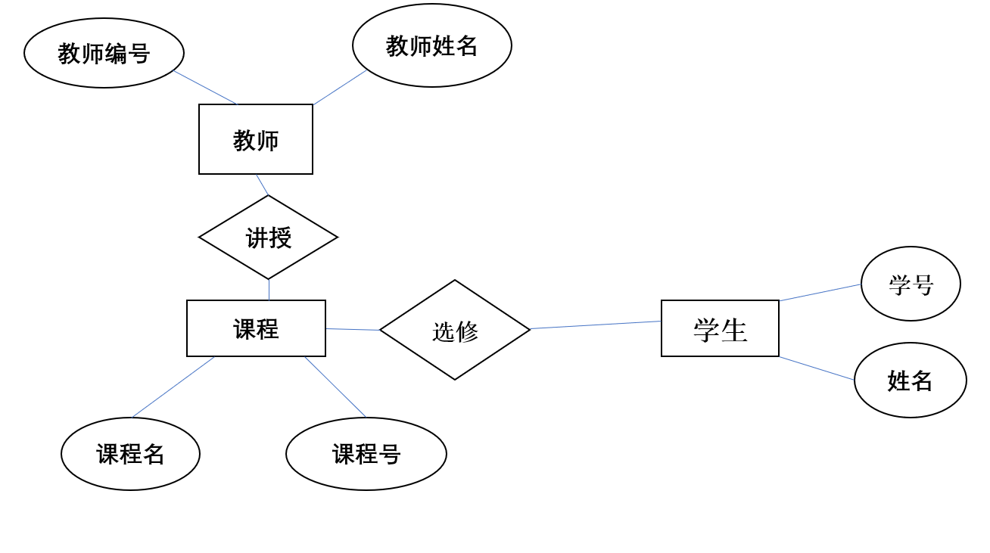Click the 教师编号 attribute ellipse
click(x=104, y=53)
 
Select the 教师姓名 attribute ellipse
click(x=431, y=45)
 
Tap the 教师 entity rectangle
click(x=256, y=139)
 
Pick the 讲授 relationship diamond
click(x=268, y=238)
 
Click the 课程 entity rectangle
click(x=256, y=328)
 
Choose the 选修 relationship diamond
click(x=455, y=330)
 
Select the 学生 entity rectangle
click(x=720, y=328)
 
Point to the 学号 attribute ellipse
click(x=911, y=284)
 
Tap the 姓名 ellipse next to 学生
click(x=910, y=380)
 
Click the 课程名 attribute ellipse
click(x=130, y=454)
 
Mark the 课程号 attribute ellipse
click(x=366, y=454)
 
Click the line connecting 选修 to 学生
click(x=596, y=325)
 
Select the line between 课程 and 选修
click(x=353, y=329)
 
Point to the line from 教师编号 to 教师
click(x=205, y=88)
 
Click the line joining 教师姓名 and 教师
click(x=340, y=88)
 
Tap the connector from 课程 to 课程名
click(x=173, y=387)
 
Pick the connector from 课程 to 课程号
click(x=335, y=387)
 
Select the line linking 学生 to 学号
click(x=820, y=293)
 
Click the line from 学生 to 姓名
click(x=817, y=368)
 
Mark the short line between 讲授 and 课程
click(x=269, y=290)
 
